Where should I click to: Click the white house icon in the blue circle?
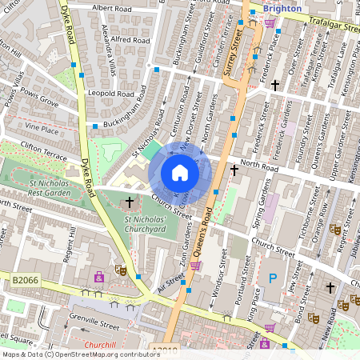coord(180,172)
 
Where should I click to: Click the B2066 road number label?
coord(26,280)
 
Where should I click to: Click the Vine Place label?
coord(42,128)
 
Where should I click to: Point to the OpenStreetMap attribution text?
coord(70,354)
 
